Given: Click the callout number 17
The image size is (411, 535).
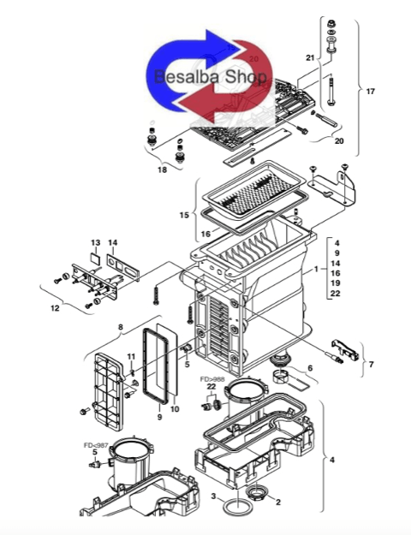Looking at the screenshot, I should tap(370, 91).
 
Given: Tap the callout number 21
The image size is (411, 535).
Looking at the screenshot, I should tap(311, 57).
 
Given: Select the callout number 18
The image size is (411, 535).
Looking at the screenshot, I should tap(163, 169).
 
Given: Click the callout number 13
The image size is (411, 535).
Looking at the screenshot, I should tap(96, 242).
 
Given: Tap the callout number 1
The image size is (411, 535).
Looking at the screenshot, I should tap(316, 269).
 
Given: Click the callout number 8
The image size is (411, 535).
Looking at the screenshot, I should tap(122, 326).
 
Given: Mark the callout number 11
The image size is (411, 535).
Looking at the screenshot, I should tap(131, 356).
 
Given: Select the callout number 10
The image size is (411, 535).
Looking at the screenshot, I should tap(175, 409).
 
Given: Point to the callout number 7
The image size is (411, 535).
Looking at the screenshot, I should tap(370, 365).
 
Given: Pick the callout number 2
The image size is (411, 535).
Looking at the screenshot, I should tap(277, 502).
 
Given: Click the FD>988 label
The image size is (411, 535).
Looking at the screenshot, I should tap(214, 377).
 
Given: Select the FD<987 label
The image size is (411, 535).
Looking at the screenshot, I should tap(95, 446).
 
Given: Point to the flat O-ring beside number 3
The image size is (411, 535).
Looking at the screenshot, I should tap(233, 508).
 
